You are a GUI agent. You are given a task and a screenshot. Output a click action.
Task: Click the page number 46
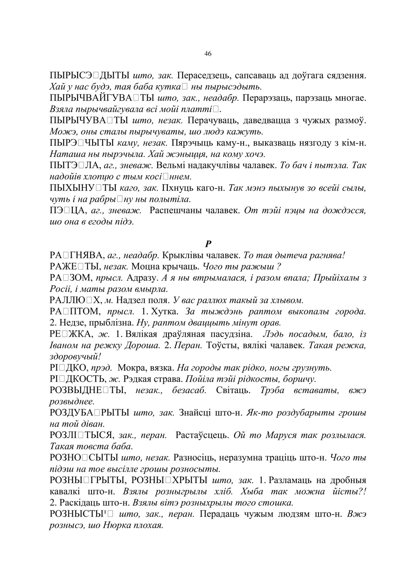tap(208, 54)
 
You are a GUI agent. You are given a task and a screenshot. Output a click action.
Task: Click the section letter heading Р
tap(208, 244)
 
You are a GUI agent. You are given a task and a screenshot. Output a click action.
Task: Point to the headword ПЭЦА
tap(66, 211)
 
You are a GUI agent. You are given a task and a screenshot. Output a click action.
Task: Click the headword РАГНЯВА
tap(76, 256)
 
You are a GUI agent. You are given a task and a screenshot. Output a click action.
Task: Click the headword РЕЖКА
tap(70, 334)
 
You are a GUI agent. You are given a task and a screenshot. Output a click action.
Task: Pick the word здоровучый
tap(75, 357)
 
